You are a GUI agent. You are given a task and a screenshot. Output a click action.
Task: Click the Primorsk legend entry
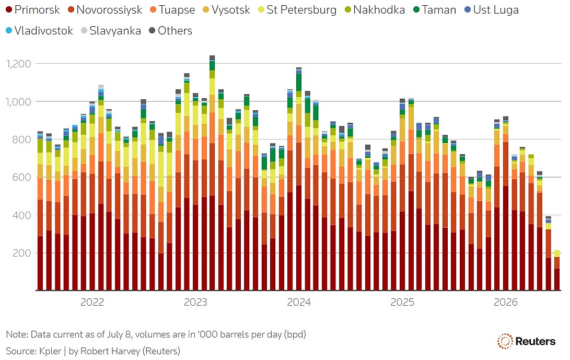click(33, 10)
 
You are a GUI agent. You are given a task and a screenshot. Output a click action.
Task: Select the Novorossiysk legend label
click(105, 10)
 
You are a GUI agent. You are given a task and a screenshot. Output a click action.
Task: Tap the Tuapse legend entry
click(172, 10)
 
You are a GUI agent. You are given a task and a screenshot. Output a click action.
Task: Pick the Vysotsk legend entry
click(226, 10)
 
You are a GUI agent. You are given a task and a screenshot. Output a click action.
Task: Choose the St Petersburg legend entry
click(297, 10)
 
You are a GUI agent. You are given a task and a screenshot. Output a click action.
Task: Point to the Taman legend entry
click(434, 10)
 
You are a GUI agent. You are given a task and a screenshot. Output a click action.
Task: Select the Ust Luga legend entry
click(492, 10)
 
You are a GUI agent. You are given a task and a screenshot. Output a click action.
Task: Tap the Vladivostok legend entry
click(39, 30)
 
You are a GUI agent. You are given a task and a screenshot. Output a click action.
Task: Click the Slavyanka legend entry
click(111, 30)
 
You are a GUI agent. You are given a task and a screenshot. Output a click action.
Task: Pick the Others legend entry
click(170, 30)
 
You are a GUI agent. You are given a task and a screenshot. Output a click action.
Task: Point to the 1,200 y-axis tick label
click(18, 64)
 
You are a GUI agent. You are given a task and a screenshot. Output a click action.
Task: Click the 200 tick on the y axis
click(22, 253)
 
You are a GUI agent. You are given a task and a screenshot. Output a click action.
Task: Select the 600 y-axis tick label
click(22, 178)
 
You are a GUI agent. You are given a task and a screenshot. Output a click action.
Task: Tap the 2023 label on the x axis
click(195, 302)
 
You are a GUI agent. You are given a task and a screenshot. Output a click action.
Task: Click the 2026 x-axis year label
click(505, 302)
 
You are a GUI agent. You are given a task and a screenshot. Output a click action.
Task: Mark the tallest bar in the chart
click(212, 173)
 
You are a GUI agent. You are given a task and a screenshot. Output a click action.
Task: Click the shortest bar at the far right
click(557, 270)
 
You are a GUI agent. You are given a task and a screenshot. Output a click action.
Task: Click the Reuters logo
click(527, 341)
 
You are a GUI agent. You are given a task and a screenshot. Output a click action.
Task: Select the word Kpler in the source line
click(50, 351)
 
